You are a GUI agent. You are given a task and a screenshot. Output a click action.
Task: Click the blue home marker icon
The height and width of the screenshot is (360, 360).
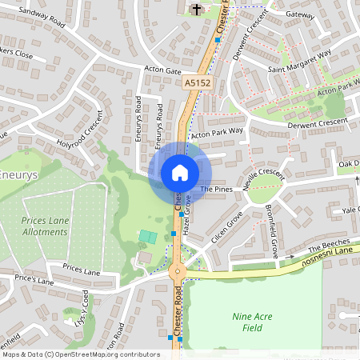180,173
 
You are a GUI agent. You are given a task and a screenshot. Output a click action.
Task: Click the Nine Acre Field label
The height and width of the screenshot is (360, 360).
253,322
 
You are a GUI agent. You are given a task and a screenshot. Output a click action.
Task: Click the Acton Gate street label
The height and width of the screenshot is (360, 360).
163,71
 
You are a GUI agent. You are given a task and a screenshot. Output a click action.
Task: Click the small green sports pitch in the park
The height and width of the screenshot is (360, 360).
146,237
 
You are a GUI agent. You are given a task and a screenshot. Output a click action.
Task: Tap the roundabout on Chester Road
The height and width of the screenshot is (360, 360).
178,271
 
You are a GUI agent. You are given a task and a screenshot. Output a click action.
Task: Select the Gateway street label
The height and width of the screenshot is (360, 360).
301,14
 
